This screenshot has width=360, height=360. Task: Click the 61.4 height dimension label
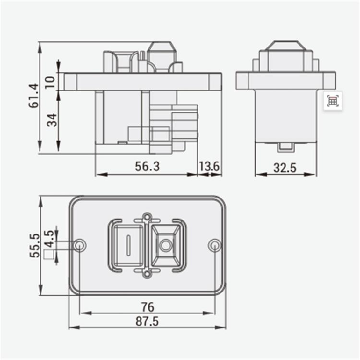(33, 96)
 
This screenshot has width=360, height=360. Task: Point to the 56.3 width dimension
(147, 167)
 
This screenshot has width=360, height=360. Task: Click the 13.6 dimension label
(210, 167)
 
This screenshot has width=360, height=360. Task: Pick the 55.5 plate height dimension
(33, 245)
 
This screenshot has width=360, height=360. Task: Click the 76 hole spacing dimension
(147, 306)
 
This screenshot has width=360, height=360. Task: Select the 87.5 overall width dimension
(147, 322)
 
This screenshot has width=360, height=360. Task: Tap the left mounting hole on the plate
(80, 245)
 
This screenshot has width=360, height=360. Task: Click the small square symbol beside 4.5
(48, 254)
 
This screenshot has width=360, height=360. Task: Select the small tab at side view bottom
(286, 146)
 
